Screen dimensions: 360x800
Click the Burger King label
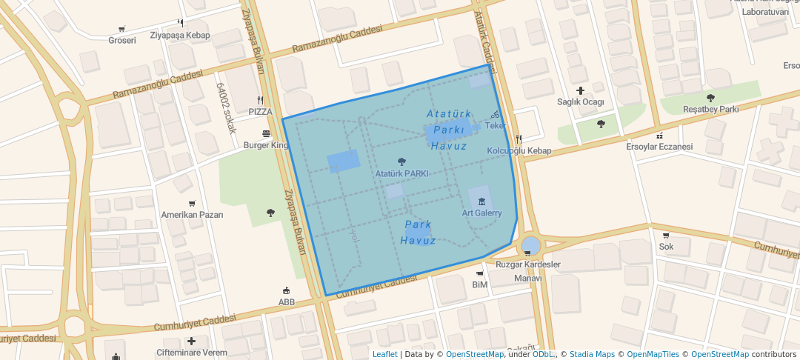point(266,145)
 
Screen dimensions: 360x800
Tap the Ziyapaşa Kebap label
point(180,35)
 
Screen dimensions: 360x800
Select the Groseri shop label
point(122,40)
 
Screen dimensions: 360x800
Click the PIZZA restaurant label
point(260,111)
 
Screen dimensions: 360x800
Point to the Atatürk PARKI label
point(401,173)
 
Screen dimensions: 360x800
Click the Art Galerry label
point(481,213)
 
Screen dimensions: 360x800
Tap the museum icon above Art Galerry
point(481,201)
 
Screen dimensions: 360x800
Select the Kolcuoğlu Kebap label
point(519,150)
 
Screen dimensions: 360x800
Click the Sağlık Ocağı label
point(581,101)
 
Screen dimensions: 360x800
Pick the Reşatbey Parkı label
point(710,109)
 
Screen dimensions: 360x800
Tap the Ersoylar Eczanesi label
point(659,146)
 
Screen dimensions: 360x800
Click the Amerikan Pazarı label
point(192,214)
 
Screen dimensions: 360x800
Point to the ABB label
point(287,301)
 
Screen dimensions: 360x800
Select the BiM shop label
point(479,284)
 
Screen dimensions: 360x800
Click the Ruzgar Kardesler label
point(527,264)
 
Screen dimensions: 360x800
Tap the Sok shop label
point(666,246)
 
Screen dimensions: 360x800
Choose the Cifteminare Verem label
point(192,352)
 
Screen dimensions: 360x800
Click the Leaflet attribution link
point(384,354)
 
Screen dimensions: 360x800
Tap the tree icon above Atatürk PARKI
point(401,161)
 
